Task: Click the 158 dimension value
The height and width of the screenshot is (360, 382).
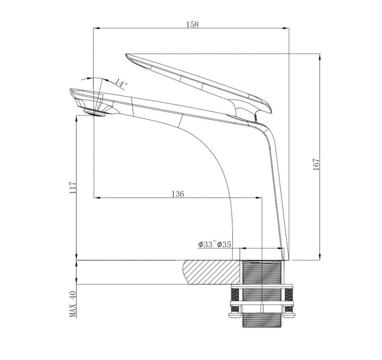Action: coord(192,24)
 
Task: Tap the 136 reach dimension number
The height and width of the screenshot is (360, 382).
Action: coord(178,194)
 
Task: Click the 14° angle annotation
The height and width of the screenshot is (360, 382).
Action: coord(120,83)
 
